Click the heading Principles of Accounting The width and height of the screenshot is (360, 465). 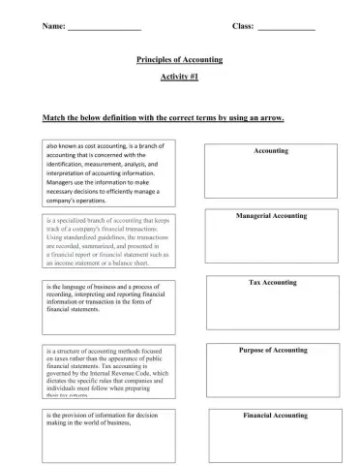tap(180, 60)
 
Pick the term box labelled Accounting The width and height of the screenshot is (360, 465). tap(270, 152)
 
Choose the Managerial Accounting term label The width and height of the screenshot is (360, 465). tap(271, 215)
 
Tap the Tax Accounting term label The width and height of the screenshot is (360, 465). tap(271, 283)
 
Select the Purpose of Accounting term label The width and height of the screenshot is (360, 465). tap(272, 350)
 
